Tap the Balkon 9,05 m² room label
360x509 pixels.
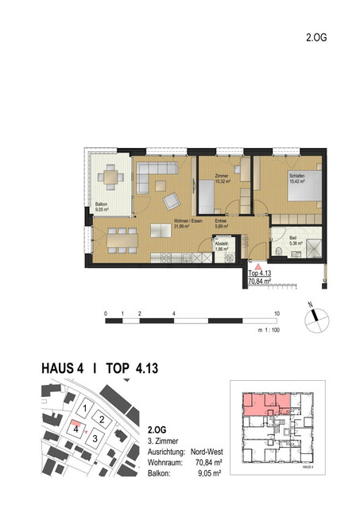(102, 209)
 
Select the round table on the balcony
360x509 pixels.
(111, 177)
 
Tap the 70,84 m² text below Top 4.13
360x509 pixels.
(260, 281)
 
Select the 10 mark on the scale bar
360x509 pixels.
(277, 313)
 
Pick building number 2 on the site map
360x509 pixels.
(102, 419)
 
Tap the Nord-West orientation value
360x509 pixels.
(203, 451)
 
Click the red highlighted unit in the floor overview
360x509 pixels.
(259, 403)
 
